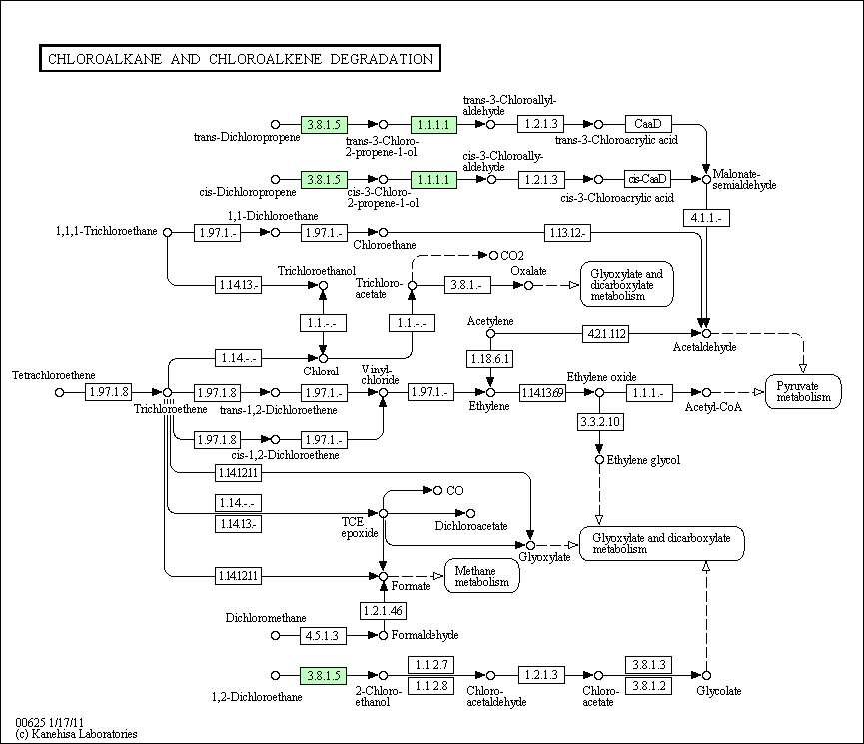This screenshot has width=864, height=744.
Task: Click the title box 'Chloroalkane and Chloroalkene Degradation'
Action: (x=241, y=58)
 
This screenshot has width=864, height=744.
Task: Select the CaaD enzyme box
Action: (x=648, y=124)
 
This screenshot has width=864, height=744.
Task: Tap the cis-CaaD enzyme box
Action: (x=647, y=179)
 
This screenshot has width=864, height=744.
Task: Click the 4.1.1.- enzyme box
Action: (x=706, y=218)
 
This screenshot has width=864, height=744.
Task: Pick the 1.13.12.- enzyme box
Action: (x=567, y=233)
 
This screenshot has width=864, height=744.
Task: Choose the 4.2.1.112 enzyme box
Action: (x=606, y=333)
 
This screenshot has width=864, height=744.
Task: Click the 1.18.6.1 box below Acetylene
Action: (x=490, y=359)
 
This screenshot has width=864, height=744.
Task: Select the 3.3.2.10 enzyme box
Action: (x=600, y=422)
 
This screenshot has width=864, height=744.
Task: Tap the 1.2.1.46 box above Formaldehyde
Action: (x=383, y=610)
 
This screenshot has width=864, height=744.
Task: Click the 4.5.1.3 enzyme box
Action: (x=323, y=636)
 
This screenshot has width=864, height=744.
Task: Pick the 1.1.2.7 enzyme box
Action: (x=432, y=665)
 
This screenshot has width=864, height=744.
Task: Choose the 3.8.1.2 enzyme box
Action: (x=649, y=686)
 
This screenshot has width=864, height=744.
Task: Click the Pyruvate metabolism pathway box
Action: (x=803, y=391)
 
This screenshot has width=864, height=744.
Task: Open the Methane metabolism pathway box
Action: (x=482, y=576)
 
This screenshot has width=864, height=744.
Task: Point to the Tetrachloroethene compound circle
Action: (x=60, y=392)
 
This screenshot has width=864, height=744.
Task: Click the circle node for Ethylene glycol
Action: (x=599, y=460)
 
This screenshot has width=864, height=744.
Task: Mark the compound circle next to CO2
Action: (x=493, y=256)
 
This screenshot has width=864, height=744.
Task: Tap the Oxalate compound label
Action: (x=528, y=271)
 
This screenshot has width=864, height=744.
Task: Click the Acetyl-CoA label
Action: (x=713, y=407)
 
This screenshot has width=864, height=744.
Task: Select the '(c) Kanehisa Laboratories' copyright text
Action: (x=76, y=734)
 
